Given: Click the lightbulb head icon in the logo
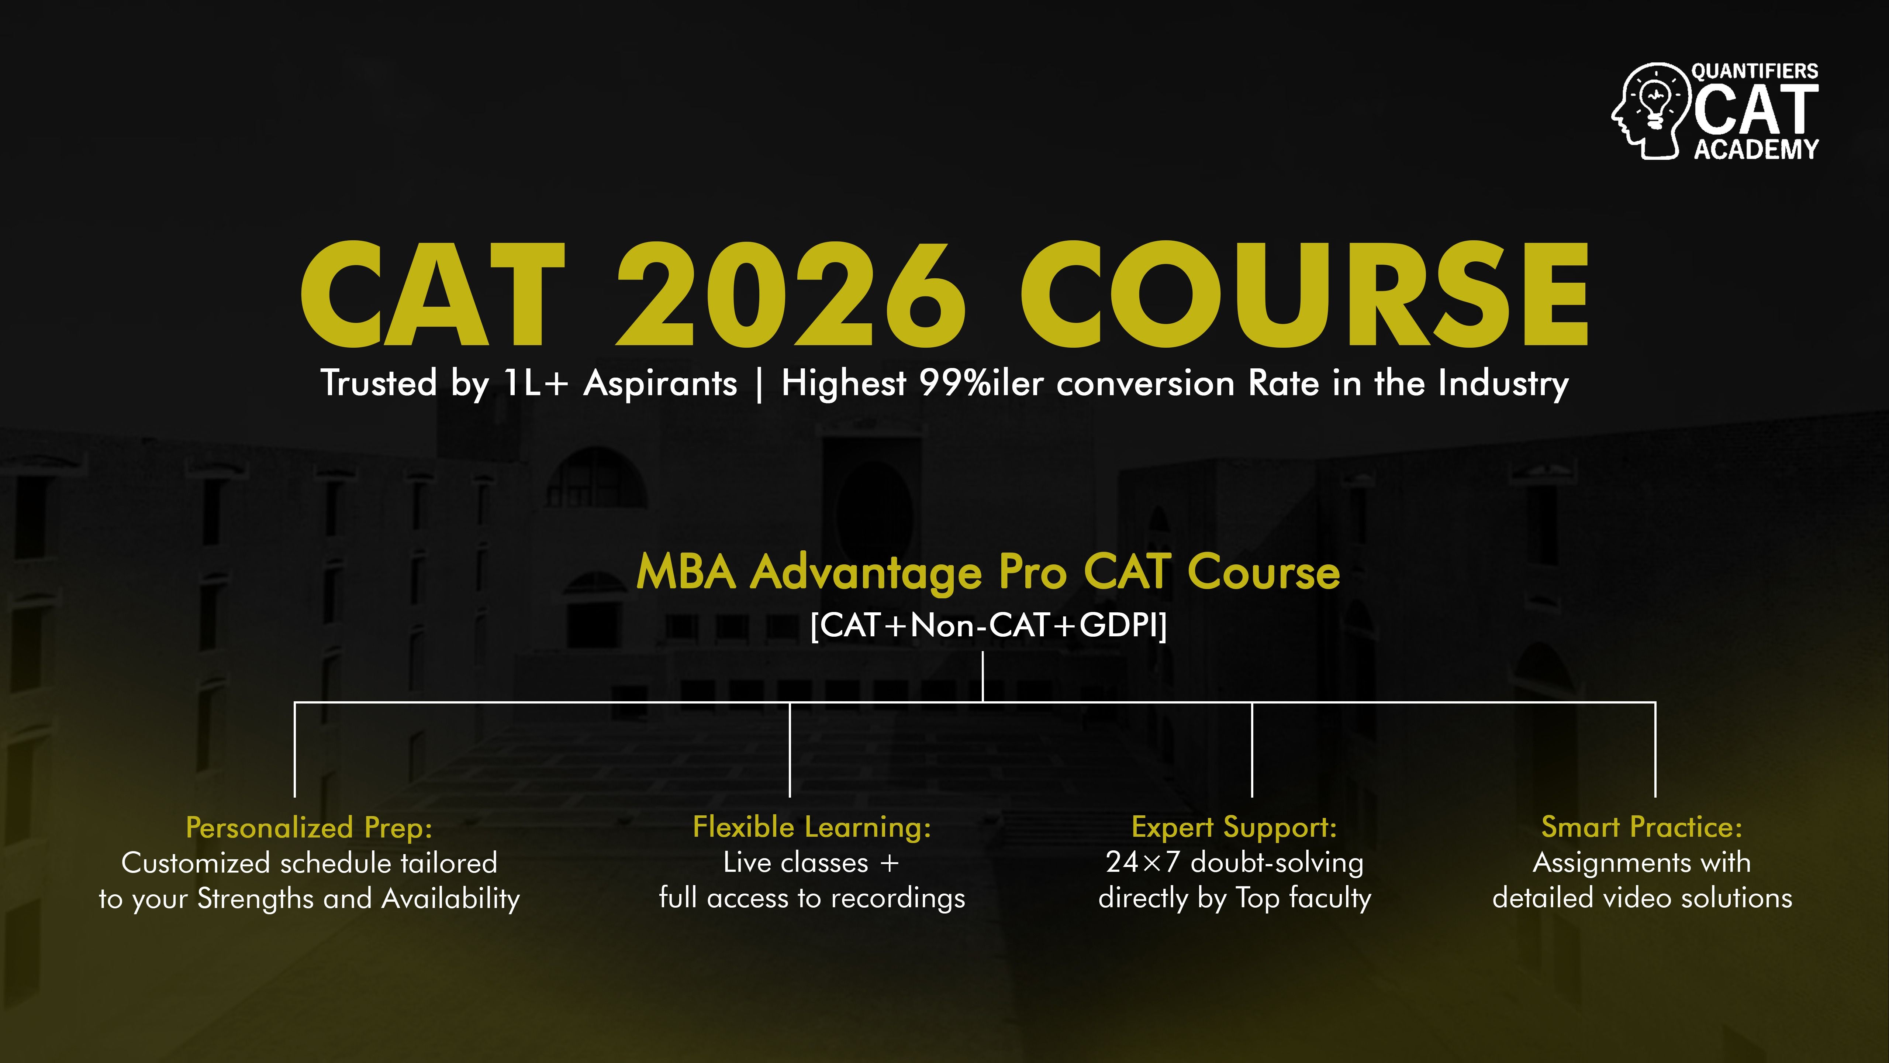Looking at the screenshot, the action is [1650, 110].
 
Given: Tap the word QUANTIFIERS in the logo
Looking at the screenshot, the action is [1755, 71].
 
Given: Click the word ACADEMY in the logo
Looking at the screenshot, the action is [1756, 149].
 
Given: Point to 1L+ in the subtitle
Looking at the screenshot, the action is [536, 383].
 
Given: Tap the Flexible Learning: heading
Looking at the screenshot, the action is [812, 828].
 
